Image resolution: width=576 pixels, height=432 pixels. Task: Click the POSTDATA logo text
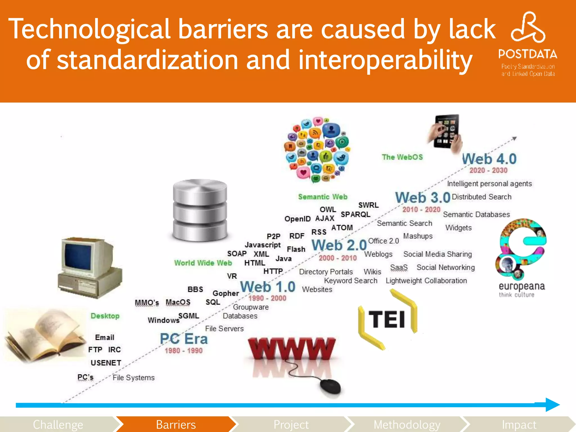(x=528, y=54)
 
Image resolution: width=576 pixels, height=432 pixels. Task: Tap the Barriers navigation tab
(x=176, y=424)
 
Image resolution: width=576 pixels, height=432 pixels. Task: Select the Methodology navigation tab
(x=407, y=424)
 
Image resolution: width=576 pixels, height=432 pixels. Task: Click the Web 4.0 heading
(x=489, y=159)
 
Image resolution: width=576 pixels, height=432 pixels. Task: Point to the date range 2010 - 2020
(x=421, y=210)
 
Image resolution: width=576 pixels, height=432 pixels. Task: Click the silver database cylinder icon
(x=200, y=210)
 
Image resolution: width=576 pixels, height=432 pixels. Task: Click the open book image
(x=44, y=335)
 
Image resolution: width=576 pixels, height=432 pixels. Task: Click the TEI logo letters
(x=387, y=319)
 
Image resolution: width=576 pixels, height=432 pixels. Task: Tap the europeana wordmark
(x=522, y=286)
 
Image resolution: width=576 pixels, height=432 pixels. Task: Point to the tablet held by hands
(x=447, y=132)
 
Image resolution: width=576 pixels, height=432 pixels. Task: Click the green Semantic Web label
(x=323, y=197)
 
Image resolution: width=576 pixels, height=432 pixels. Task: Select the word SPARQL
(x=355, y=215)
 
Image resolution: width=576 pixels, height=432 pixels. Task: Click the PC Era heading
(x=184, y=339)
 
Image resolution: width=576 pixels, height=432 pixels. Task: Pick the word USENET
(x=106, y=363)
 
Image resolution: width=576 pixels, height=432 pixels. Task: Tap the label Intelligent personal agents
(x=489, y=184)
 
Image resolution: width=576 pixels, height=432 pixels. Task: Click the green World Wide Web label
(x=203, y=263)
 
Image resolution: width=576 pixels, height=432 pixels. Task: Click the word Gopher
(x=226, y=293)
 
